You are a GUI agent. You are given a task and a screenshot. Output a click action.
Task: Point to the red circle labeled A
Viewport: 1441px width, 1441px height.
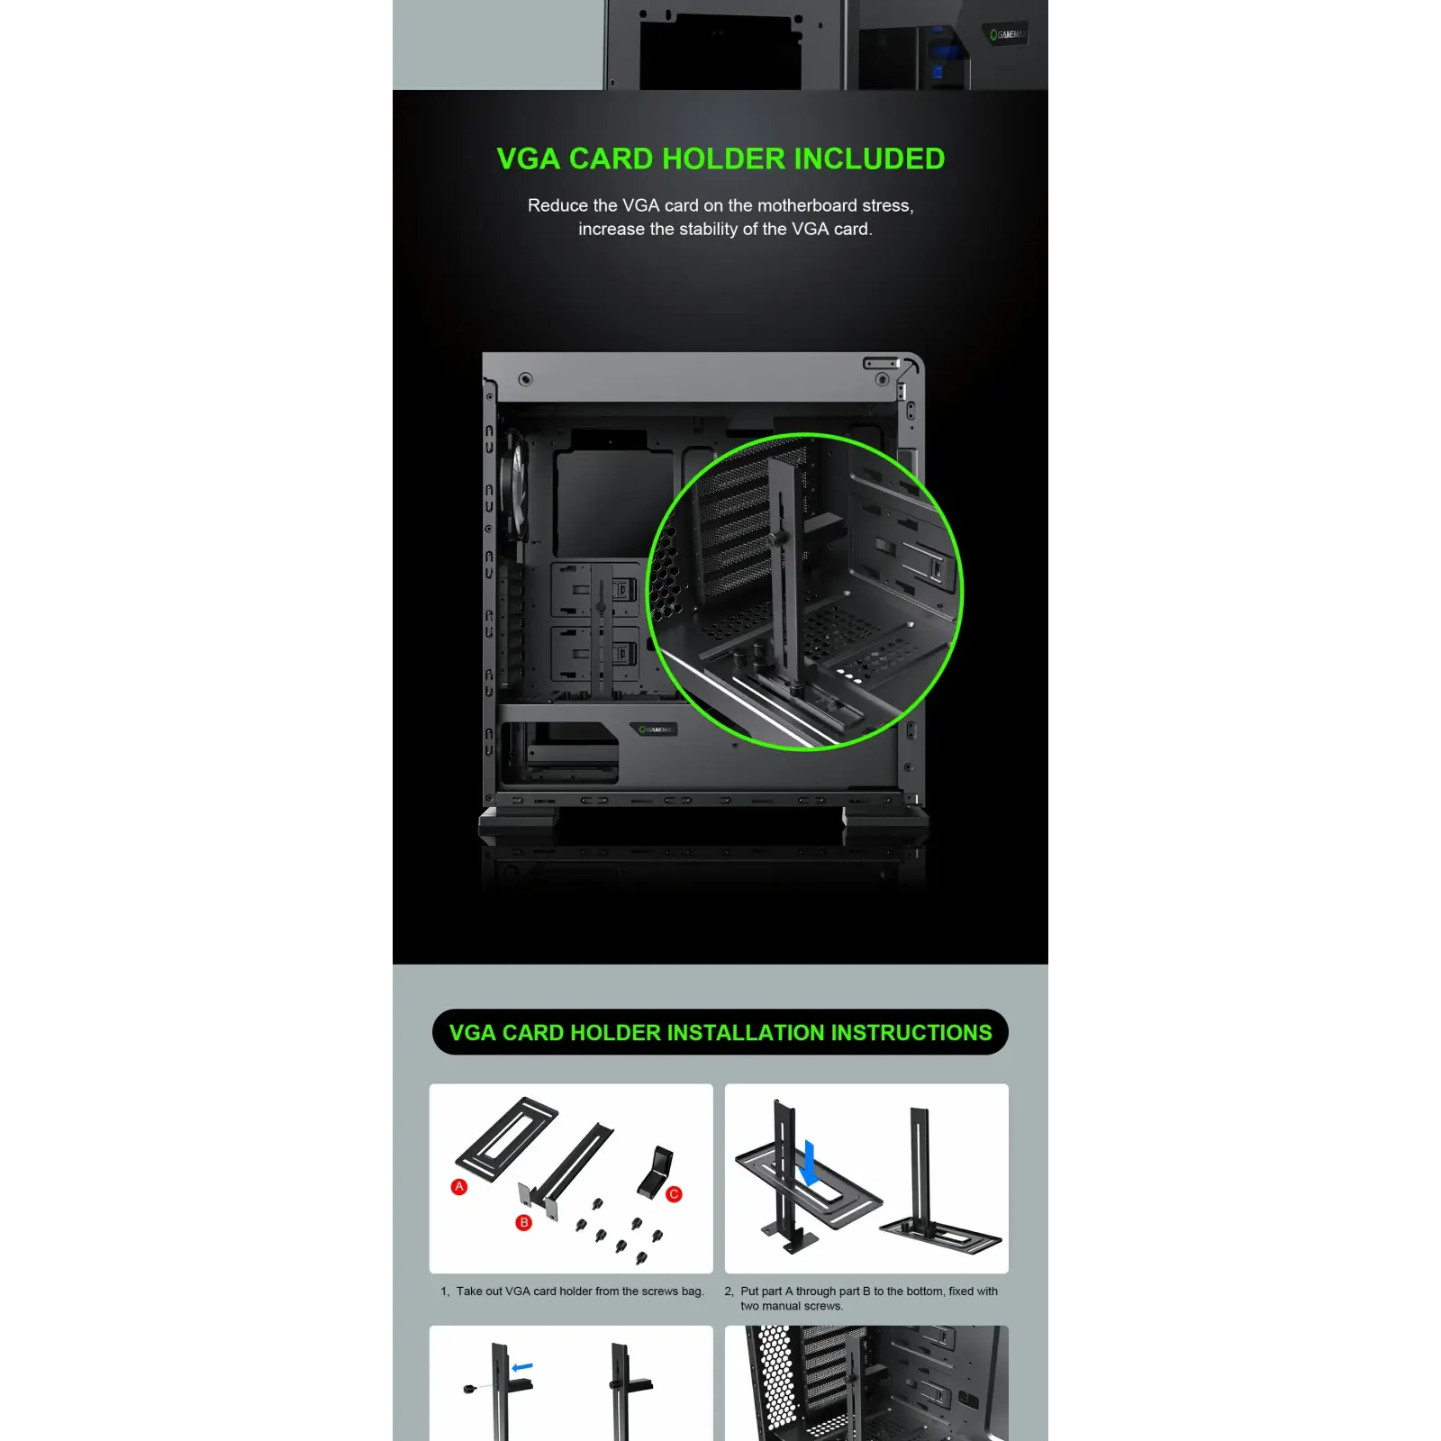tap(459, 1187)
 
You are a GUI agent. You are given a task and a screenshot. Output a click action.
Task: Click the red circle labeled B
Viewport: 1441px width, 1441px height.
tap(523, 1222)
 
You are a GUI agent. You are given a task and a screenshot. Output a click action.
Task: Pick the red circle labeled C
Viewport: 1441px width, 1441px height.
tap(674, 1194)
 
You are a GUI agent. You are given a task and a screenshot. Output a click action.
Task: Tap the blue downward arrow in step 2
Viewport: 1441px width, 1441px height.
tap(810, 1163)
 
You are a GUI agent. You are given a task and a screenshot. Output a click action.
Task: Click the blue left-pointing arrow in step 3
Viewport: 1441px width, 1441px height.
tap(522, 1367)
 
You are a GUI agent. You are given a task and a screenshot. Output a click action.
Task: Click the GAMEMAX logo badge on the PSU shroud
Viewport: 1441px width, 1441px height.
tap(653, 730)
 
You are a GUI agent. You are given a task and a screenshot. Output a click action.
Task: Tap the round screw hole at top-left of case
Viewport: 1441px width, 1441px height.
tap(525, 379)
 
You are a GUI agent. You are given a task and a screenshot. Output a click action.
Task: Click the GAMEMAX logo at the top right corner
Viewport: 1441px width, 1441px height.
tap(1007, 35)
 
